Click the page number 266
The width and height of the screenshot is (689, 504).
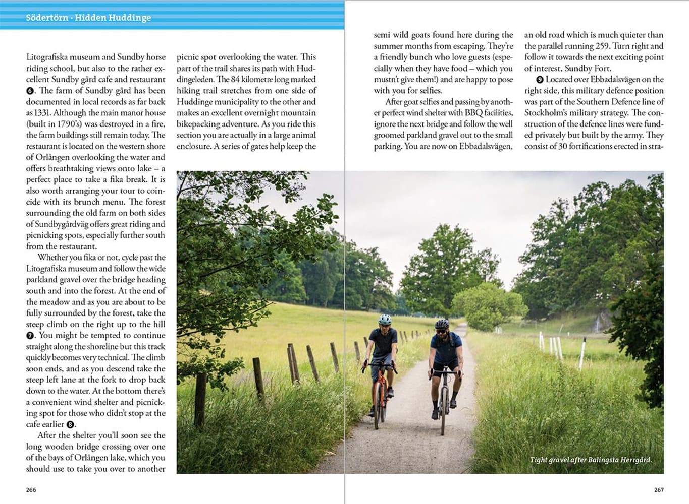31,490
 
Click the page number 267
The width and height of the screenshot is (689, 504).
659,490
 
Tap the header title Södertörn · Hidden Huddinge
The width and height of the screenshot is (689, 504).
88,18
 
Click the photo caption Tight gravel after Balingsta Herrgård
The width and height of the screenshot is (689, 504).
591,460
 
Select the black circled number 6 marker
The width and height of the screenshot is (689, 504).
30,91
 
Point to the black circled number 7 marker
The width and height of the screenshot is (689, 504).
30,336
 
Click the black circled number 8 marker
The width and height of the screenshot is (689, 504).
71,425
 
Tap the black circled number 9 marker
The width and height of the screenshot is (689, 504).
540,80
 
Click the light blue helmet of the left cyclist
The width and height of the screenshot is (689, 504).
385,319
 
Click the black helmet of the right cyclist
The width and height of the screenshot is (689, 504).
442,324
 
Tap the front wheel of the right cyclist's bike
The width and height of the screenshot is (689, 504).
443,411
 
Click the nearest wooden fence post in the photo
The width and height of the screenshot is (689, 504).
200,398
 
